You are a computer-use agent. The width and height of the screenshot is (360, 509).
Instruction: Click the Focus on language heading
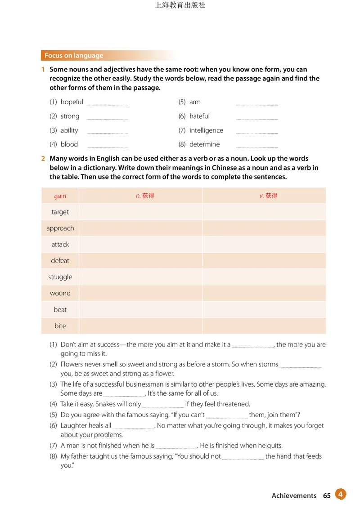click(x=74, y=56)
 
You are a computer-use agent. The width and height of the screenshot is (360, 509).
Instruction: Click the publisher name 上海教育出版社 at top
click(x=180, y=5)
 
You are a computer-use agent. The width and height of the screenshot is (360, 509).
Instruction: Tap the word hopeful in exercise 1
click(x=72, y=102)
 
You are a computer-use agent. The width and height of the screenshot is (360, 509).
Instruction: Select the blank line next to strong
click(x=107, y=118)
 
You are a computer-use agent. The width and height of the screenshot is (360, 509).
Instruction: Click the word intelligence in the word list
click(x=206, y=130)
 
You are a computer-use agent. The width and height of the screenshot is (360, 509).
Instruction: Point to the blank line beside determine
click(x=257, y=147)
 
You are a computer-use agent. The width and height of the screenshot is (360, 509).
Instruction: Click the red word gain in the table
click(x=60, y=196)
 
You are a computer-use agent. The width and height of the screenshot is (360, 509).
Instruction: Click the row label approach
click(x=60, y=228)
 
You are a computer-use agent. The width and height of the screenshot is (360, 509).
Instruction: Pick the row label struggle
click(x=60, y=277)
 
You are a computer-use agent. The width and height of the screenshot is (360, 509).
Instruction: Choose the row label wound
click(x=60, y=293)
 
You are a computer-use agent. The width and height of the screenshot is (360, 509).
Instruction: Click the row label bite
click(x=60, y=326)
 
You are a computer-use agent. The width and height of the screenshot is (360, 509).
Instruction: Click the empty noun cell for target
click(x=140, y=212)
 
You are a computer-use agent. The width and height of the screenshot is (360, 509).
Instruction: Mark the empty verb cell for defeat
click(x=264, y=261)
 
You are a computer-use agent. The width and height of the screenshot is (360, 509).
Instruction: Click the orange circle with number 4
click(x=341, y=495)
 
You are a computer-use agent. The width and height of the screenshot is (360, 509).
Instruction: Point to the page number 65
click(x=327, y=496)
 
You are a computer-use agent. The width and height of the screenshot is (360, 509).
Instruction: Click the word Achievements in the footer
click(x=294, y=496)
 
